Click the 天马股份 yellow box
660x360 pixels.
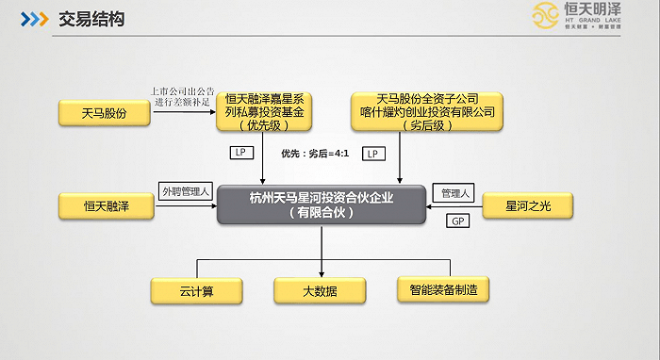105,114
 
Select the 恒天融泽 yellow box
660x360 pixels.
105,206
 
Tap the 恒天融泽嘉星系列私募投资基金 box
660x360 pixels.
269,112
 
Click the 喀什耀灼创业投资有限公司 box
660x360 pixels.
427,112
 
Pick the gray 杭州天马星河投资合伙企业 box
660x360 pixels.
321,205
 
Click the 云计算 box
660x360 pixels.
196,290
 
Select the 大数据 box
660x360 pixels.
320,290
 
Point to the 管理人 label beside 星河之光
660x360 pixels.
455,193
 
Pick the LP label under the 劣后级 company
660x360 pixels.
372,153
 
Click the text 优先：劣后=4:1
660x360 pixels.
315,153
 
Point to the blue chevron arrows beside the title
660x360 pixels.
35,19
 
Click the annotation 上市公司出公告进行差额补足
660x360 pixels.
183,96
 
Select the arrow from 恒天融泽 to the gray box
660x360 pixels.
185,206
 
